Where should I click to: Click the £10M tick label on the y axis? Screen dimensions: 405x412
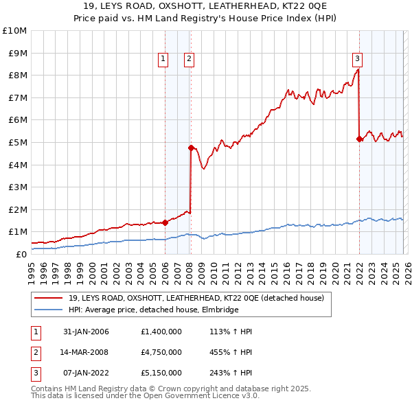click(x=14, y=31)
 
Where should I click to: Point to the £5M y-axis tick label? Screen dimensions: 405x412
click(x=16, y=143)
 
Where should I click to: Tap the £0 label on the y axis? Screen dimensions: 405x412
click(x=21, y=255)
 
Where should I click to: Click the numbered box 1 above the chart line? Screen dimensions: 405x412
click(x=163, y=60)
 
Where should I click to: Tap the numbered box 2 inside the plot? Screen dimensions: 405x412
click(x=188, y=60)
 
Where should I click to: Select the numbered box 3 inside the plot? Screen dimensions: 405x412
click(x=358, y=60)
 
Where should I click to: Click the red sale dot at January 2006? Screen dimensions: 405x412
click(x=165, y=222)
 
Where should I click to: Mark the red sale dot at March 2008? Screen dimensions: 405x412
click(x=191, y=148)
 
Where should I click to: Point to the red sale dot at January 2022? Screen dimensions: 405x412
click(x=359, y=139)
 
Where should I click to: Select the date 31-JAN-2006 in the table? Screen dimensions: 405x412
click(x=86, y=332)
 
